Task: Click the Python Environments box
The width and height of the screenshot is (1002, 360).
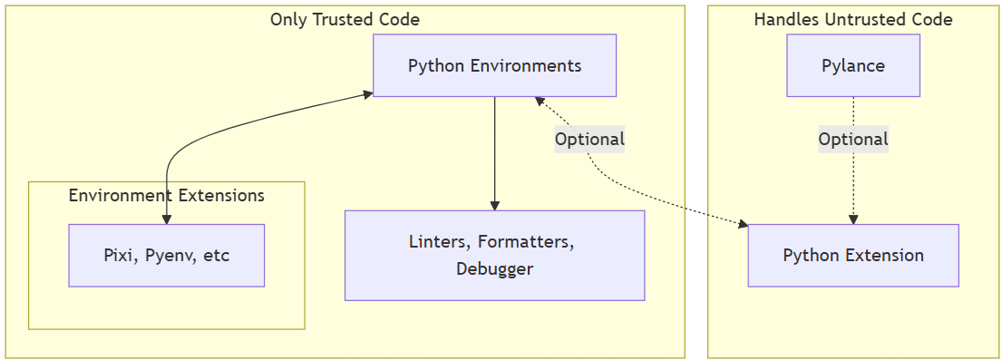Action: [x=494, y=65]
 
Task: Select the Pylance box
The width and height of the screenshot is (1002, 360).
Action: [x=853, y=65]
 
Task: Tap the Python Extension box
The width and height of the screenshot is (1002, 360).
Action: [x=853, y=255]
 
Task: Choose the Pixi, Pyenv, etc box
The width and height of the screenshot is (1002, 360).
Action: [x=166, y=255]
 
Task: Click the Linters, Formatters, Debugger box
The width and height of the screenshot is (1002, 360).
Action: [x=494, y=255]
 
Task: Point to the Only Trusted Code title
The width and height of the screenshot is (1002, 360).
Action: [x=345, y=19]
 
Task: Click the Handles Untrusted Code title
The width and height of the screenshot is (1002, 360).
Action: [x=853, y=19]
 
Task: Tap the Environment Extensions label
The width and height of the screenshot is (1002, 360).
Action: [x=166, y=195]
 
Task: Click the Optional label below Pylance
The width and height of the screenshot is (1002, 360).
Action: [x=853, y=139]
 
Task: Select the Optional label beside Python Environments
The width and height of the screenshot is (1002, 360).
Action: [x=589, y=139]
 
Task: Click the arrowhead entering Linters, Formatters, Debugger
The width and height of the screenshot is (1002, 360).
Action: [x=494, y=205]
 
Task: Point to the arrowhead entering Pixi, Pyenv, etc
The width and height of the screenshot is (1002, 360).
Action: [x=166, y=219]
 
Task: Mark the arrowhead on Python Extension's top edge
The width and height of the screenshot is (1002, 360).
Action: [x=853, y=219]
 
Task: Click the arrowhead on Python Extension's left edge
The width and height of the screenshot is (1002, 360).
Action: [x=744, y=224]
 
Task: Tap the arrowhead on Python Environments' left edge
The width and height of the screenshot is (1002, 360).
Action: [x=368, y=94]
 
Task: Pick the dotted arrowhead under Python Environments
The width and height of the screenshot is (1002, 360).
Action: [x=540, y=101]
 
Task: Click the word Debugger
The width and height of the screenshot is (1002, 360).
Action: [x=494, y=269]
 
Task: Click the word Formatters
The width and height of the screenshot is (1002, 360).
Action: [x=527, y=242]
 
